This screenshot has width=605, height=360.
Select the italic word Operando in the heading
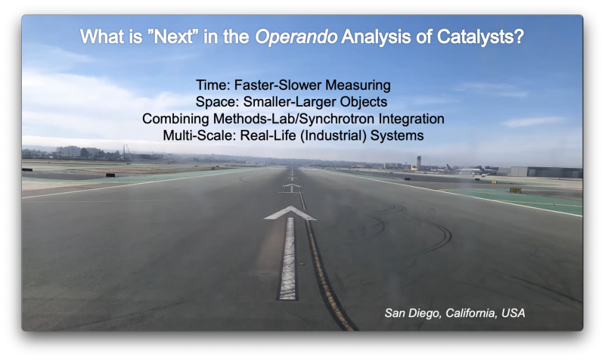click(x=296, y=37)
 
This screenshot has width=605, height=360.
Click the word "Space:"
click(x=218, y=102)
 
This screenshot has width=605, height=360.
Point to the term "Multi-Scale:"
click(x=200, y=135)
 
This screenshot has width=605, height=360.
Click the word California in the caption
click(x=471, y=313)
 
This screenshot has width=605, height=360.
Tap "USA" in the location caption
click(x=513, y=313)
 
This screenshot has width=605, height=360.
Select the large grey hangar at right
click(x=546, y=172)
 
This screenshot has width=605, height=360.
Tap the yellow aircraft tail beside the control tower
click(x=414, y=168)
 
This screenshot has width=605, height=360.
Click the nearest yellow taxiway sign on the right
click(x=516, y=191)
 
